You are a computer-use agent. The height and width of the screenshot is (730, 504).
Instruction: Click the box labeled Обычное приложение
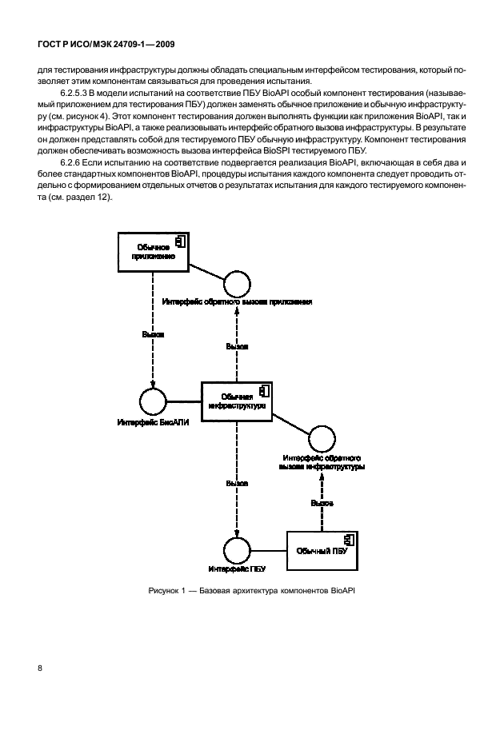(153, 253)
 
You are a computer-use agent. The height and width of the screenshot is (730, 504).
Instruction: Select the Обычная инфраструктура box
(236, 401)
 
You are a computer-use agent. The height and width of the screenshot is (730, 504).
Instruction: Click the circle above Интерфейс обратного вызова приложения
(237, 285)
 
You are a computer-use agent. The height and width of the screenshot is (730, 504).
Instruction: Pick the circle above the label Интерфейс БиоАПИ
(152, 401)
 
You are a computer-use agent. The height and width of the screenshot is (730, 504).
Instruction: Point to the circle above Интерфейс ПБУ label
(237, 550)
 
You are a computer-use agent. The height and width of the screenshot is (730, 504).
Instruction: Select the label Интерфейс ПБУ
(237, 568)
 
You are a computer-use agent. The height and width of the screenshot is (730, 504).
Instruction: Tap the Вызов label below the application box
(153, 334)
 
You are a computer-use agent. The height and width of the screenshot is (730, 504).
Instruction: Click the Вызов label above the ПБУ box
(322, 502)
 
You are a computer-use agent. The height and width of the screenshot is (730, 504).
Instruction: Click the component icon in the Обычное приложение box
(182, 240)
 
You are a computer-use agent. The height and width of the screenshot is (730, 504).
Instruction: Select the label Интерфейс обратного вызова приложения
(237, 302)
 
